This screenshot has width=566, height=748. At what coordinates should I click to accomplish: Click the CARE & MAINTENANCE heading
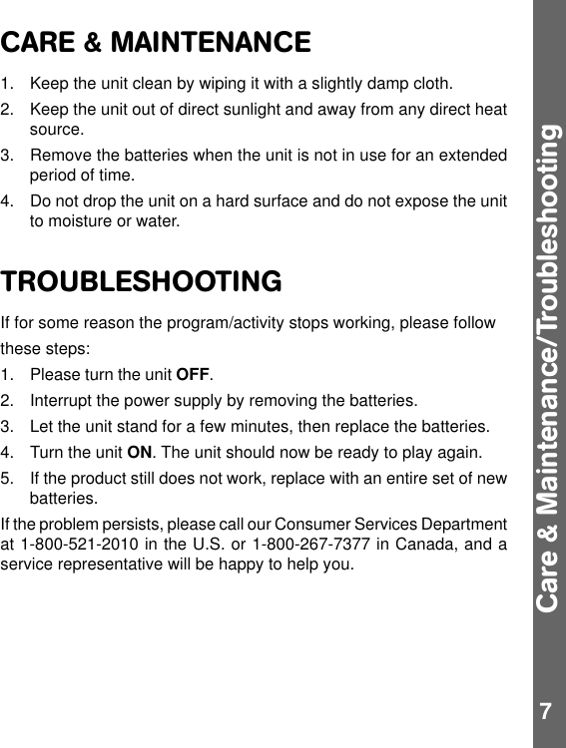click(x=156, y=44)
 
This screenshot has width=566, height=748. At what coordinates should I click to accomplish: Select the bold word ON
click(x=141, y=453)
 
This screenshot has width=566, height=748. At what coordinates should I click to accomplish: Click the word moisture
click(x=81, y=221)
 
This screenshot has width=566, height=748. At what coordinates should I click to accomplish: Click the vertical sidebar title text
click(x=548, y=369)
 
